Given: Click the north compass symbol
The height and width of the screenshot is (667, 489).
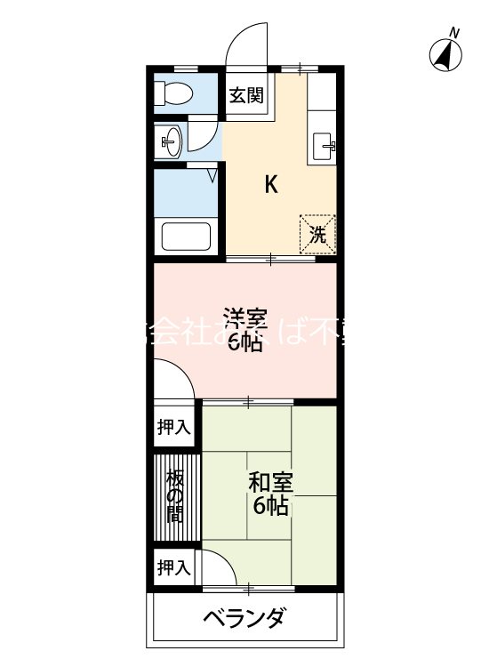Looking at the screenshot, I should [x=447, y=56].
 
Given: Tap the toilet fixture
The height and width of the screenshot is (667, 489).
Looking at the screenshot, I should [x=173, y=92].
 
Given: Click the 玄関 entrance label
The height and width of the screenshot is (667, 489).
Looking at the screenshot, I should [x=245, y=94].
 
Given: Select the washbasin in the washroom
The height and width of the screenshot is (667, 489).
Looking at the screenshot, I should [x=171, y=139].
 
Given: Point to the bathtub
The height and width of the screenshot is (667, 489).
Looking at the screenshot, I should [x=185, y=237].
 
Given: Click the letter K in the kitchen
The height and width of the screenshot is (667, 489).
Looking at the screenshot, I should [x=272, y=185].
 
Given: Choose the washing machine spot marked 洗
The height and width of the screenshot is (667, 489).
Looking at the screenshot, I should [x=317, y=234].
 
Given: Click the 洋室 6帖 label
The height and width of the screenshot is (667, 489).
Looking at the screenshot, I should [x=244, y=330].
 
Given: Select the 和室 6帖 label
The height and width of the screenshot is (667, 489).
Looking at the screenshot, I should [x=269, y=494].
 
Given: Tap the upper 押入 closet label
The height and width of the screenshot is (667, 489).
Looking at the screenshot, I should [x=173, y=427].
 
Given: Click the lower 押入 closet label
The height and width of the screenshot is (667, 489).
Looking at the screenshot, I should [x=173, y=567].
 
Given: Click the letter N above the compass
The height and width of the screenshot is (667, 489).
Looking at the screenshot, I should [x=454, y=33].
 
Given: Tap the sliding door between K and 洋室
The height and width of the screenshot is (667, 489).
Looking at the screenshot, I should [x=271, y=259].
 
